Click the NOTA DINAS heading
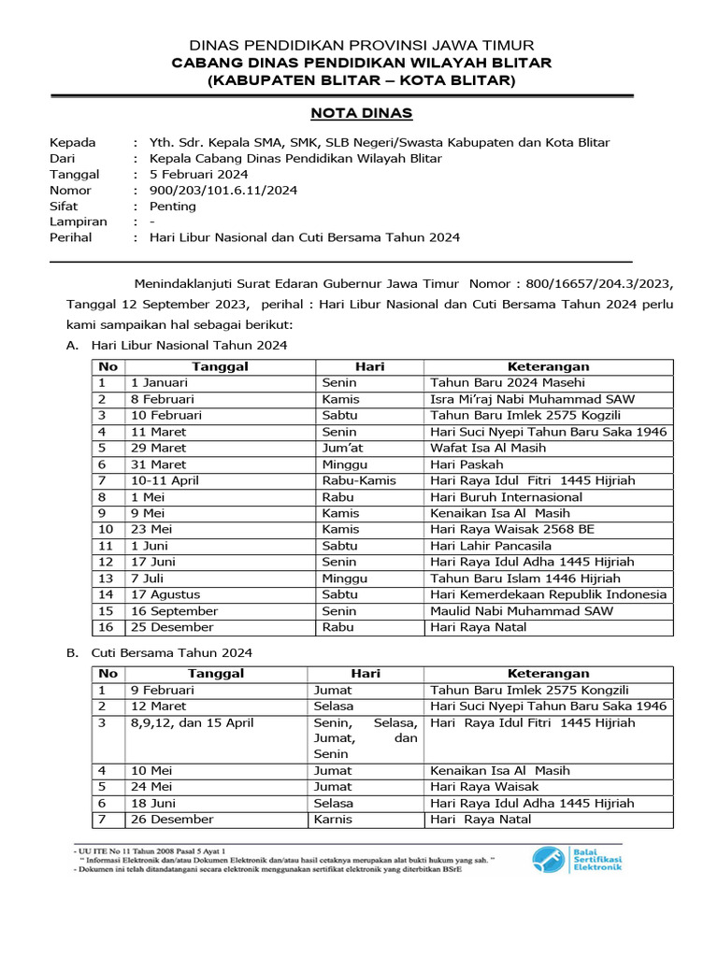pyautogui.click(x=361, y=113)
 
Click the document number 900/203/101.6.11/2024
pyautogui.click(x=217, y=190)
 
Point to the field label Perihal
pyautogui.click(x=70, y=237)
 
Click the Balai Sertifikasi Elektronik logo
pyautogui.click(x=576, y=858)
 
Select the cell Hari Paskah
pyautogui.click(x=467, y=464)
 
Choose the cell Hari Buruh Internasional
pyautogui.click(x=506, y=497)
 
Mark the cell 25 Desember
pyautogui.click(x=172, y=627)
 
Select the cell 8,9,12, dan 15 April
pyautogui.click(x=192, y=722)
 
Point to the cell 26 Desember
pyautogui.click(x=172, y=819)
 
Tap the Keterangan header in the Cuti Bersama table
pyautogui.click(x=548, y=673)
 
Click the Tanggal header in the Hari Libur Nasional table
pyautogui.click(x=220, y=366)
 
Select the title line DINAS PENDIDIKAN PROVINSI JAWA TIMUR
pyautogui.click(x=362, y=45)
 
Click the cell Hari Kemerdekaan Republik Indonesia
pyautogui.click(x=548, y=594)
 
